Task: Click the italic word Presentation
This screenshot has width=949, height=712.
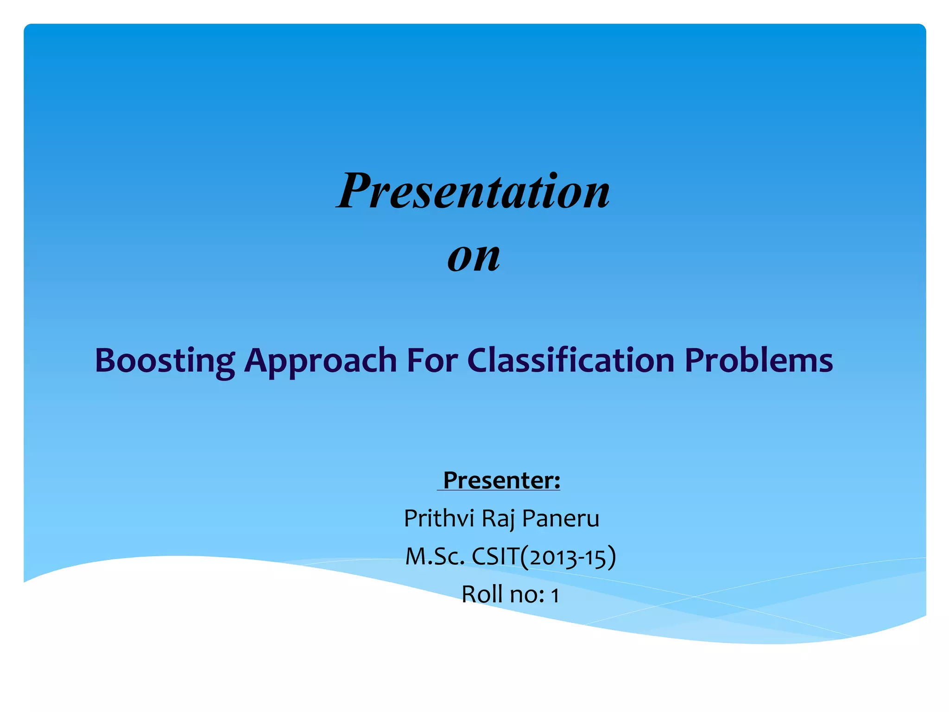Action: [x=473, y=191]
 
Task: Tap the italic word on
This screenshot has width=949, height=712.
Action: [x=474, y=256]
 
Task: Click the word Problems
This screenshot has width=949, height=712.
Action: [x=759, y=360]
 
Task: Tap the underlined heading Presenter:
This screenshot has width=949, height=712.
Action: [x=501, y=480]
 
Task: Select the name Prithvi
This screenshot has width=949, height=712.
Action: [x=439, y=518]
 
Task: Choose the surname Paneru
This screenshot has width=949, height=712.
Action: [x=561, y=518]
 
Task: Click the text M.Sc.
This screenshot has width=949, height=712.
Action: [x=435, y=557]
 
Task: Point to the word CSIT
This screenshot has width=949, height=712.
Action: [x=495, y=557]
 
